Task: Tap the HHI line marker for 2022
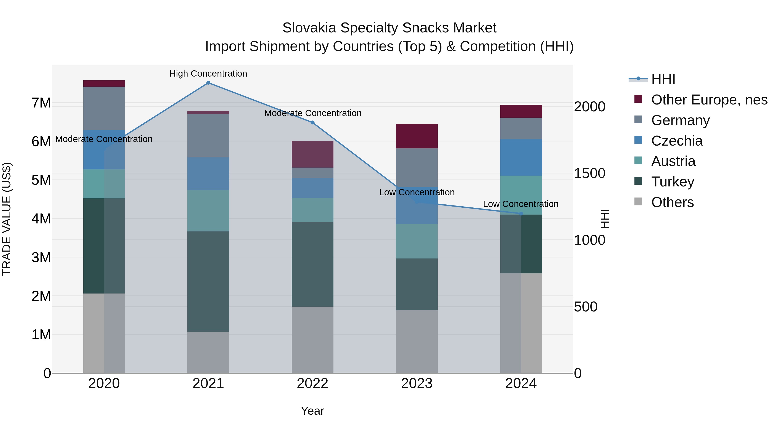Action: pos(312,123)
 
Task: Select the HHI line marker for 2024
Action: pos(521,214)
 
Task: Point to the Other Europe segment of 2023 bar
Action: pos(417,136)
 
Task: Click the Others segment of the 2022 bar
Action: pos(312,340)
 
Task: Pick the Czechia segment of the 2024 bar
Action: pos(521,157)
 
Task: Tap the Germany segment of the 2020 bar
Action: pos(104,109)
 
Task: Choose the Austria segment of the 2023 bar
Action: pos(417,241)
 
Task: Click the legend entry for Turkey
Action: pos(673,182)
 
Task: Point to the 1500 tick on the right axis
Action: pos(589,173)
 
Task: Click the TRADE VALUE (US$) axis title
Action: pos(7,219)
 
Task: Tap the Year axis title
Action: pos(312,411)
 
